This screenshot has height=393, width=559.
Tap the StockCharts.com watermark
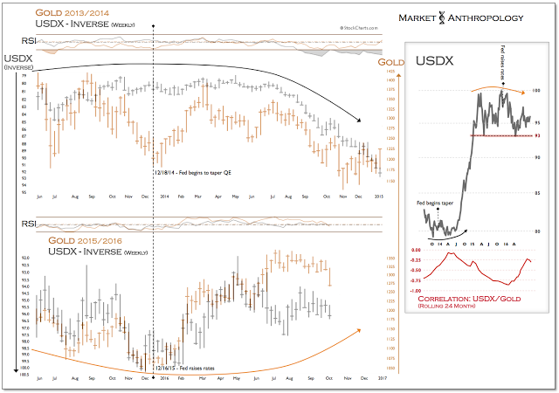click(349, 28)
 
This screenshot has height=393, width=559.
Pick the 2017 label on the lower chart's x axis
click(381, 378)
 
